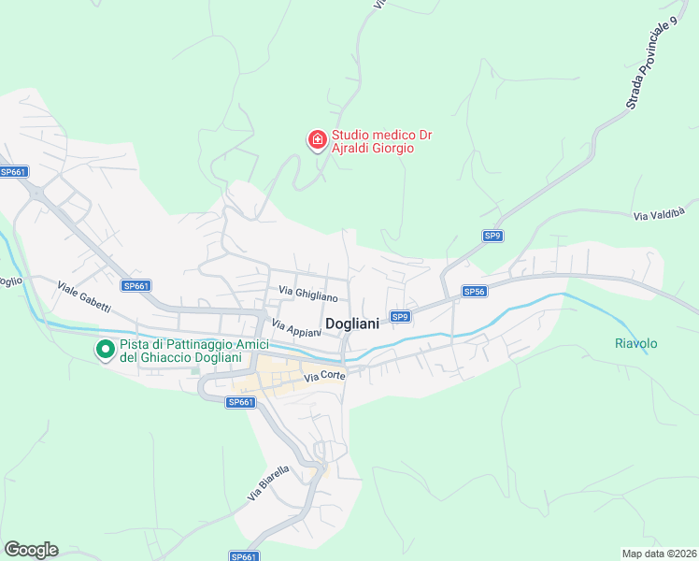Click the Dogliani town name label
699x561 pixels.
coord(352,324)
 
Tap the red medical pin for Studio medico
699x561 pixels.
coord(318,140)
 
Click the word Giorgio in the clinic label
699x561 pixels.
coord(392,149)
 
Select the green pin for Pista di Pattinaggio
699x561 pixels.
coord(106,350)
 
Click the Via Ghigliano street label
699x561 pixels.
coord(307,295)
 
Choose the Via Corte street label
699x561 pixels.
coord(325,377)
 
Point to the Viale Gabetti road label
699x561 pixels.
coord(84,297)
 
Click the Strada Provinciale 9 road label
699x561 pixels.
coord(652,64)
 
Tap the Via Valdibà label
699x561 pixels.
coord(665,211)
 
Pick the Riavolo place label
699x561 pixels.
coord(635,343)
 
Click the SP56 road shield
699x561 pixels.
coord(474,292)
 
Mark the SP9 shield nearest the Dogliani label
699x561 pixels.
coord(400,317)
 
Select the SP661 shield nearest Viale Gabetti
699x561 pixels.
coord(136,286)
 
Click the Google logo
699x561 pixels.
coord(31,550)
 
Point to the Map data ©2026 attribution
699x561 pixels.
coord(658,554)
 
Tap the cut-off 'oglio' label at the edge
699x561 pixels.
coord(10,280)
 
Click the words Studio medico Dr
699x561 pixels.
coord(381,136)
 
